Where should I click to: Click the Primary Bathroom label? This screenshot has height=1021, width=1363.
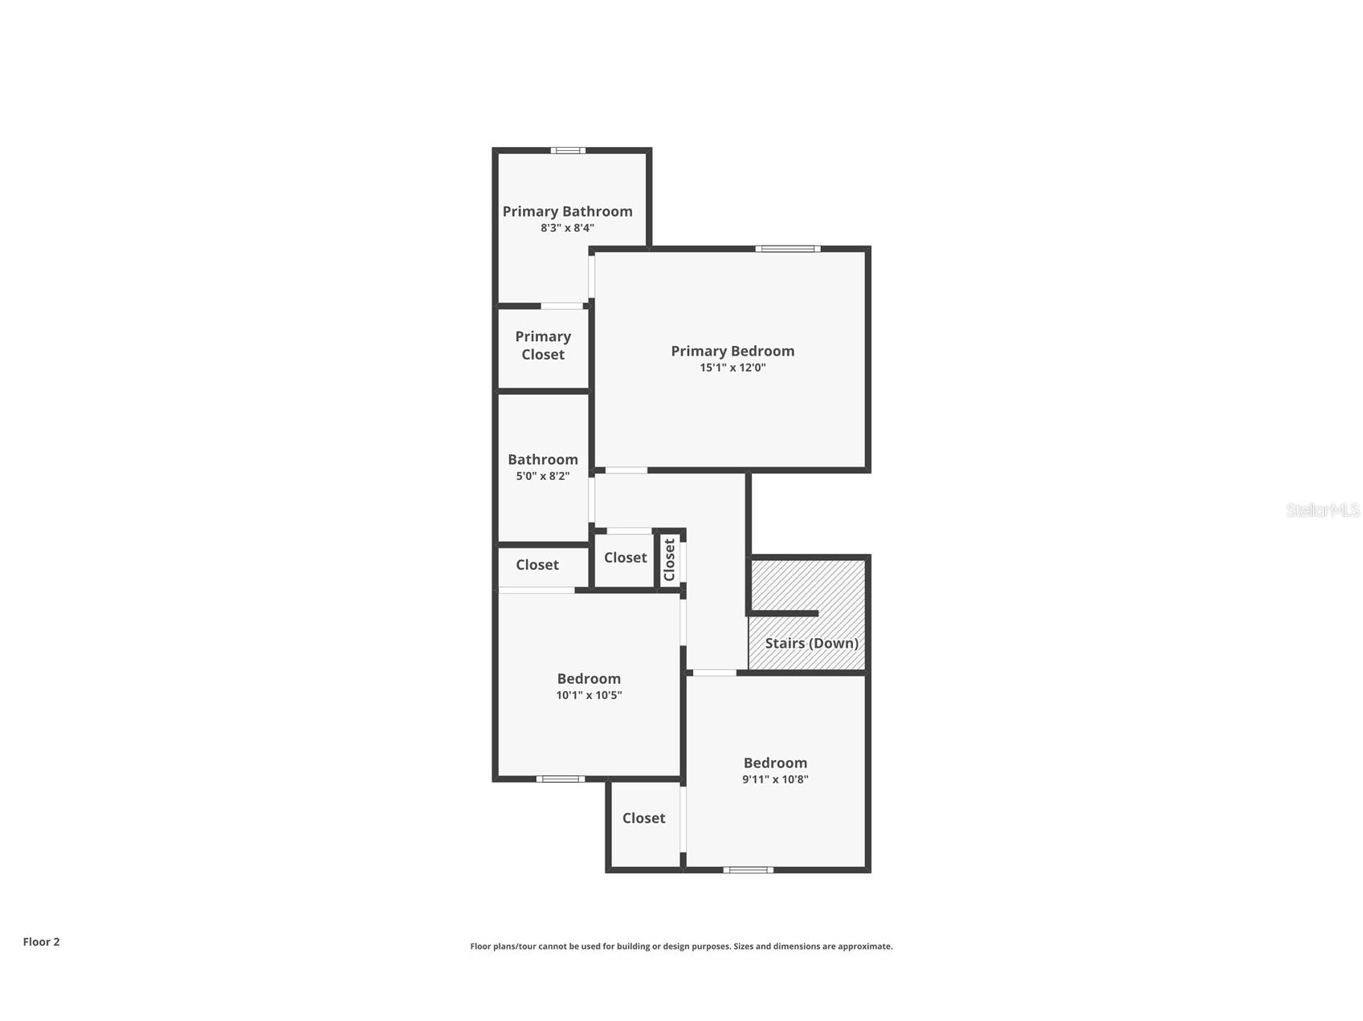click(x=567, y=211)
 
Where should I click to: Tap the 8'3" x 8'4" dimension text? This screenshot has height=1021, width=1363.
click(x=567, y=228)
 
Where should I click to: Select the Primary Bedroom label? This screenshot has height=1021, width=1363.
click(x=733, y=351)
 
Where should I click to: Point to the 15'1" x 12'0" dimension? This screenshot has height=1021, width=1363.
click(x=733, y=368)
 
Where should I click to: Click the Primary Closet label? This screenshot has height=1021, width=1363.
click(x=543, y=345)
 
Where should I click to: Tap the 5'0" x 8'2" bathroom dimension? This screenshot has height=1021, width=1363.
click(x=543, y=476)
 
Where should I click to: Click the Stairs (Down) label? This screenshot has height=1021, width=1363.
click(x=811, y=643)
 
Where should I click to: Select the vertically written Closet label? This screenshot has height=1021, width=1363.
click(x=669, y=559)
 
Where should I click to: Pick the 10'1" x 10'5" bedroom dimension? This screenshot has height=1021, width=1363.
click(x=589, y=695)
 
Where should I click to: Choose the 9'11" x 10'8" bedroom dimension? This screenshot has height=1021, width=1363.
click(x=775, y=779)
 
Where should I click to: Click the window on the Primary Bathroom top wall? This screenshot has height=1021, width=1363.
click(x=568, y=150)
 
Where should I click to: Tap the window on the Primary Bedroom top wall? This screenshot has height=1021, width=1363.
click(x=787, y=249)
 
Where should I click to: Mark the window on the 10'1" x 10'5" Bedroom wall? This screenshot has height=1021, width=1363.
click(x=560, y=779)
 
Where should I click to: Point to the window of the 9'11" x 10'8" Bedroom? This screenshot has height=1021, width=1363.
click(x=748, y=869)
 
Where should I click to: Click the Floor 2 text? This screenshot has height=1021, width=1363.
click(x=41, y=942)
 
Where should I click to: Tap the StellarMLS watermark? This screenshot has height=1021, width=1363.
click(x=1322, y=510)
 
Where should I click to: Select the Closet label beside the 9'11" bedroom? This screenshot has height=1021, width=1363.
click(x=643, y=818)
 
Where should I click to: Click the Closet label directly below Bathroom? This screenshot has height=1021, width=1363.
click(x=537, y=565)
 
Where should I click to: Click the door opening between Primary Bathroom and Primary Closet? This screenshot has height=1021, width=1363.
click(x=561, y=306)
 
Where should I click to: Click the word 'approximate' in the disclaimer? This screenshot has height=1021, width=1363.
click(x=864, y=946)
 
